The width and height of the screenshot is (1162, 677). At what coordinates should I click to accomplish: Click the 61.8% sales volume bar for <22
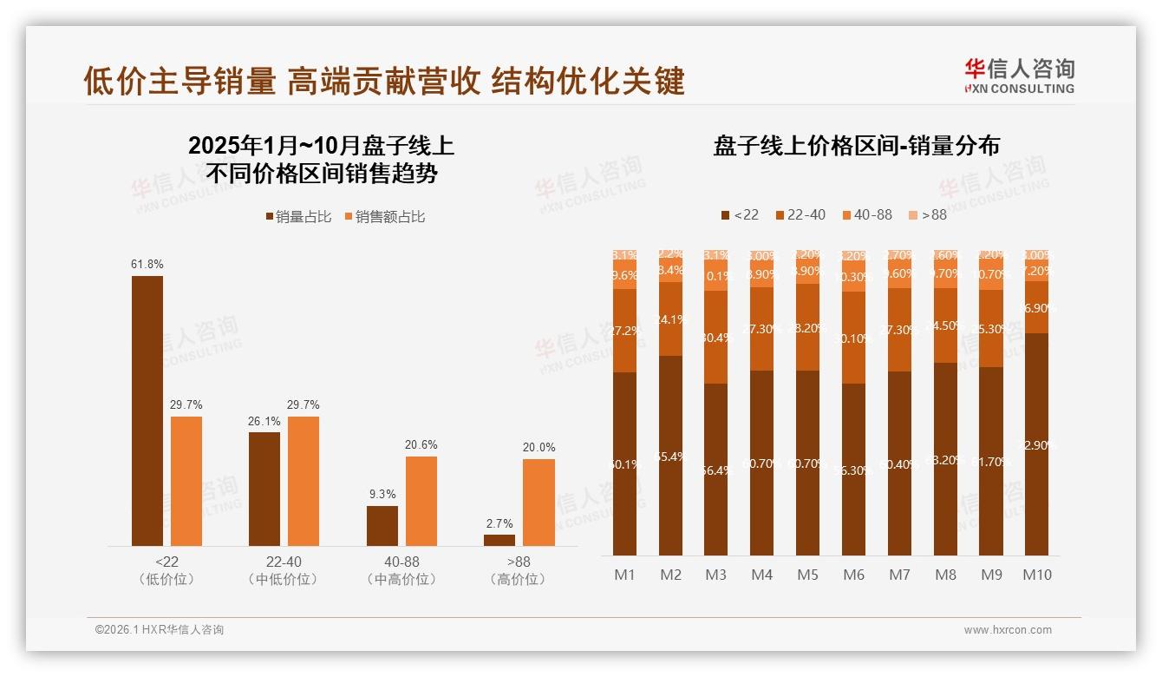click(147, 411)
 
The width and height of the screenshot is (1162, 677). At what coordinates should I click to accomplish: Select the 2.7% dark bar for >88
click(499, 540)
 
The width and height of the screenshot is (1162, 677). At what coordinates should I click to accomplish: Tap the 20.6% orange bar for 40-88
click(421, 501)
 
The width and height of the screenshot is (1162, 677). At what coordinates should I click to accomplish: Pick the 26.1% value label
click(264, 421)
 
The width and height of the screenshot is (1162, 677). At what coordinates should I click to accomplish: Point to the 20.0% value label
click(539, 447)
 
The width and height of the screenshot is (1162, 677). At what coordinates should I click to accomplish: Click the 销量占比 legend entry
click(298, 217)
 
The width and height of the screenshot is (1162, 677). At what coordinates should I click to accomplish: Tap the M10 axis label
click(1037, 575)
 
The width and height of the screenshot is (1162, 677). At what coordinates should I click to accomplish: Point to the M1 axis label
click(625, 575)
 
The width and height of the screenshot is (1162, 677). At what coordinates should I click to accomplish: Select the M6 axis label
click(854, 575)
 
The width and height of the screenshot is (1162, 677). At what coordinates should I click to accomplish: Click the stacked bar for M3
click(716, 404)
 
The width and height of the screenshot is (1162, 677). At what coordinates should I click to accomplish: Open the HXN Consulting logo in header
click(1019, 76)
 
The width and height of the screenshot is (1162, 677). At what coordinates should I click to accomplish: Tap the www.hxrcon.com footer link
click(1008, 630)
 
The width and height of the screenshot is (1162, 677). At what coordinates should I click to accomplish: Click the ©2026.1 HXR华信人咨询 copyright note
click(160, 630)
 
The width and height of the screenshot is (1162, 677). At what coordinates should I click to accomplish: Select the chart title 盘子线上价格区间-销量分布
click(856, 146)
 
